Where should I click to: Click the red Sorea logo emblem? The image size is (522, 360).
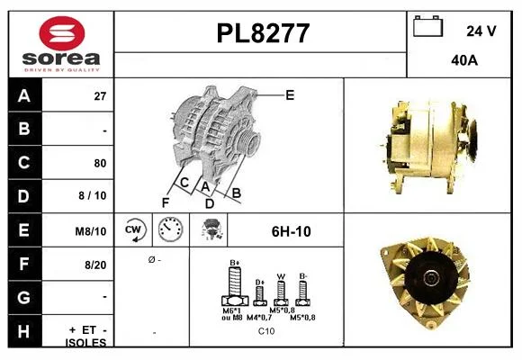(x=62, y=33)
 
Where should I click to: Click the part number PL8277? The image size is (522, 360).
(x=263, y=33)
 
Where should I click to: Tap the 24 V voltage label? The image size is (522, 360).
(x=481, y=31)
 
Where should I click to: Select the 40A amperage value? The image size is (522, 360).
(x=464, y=60)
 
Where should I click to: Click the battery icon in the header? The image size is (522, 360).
(x=427, y=26)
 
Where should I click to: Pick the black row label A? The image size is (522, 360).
(x=24, y=96)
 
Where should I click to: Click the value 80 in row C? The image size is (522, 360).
(x=100, y=163)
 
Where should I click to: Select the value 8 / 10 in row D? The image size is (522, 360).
(x=93, y=195)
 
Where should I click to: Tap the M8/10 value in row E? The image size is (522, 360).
(x=91, y=231)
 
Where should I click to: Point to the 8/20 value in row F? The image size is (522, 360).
(x=95, y=265)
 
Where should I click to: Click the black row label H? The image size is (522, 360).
(x=24, y=331)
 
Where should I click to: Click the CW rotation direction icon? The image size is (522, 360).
(x=133, y=229)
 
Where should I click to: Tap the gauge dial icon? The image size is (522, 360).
(x=170, y=229)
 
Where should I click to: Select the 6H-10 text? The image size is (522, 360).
(x=292, y=231)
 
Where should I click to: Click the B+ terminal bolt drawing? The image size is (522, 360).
(x=235, y=286)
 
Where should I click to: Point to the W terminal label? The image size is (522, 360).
(x=281, y=276)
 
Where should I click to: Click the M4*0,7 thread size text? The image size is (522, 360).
(x=259, y=318)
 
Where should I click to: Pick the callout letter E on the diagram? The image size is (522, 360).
(x=290, y=95)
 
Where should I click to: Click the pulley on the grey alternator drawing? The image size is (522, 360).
(x=248, y=142)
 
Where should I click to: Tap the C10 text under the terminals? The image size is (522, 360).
(x=266, y=331)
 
